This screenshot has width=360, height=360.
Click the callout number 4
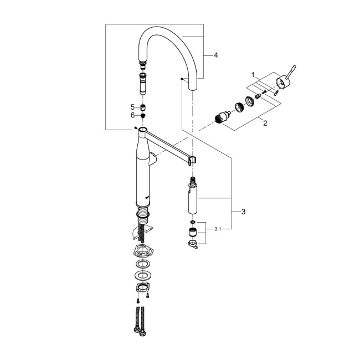pos(216,55)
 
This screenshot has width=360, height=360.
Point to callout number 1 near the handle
pos(253,74)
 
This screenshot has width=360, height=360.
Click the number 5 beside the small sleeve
pos(132,106)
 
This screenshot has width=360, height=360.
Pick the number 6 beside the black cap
pos(132,115)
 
